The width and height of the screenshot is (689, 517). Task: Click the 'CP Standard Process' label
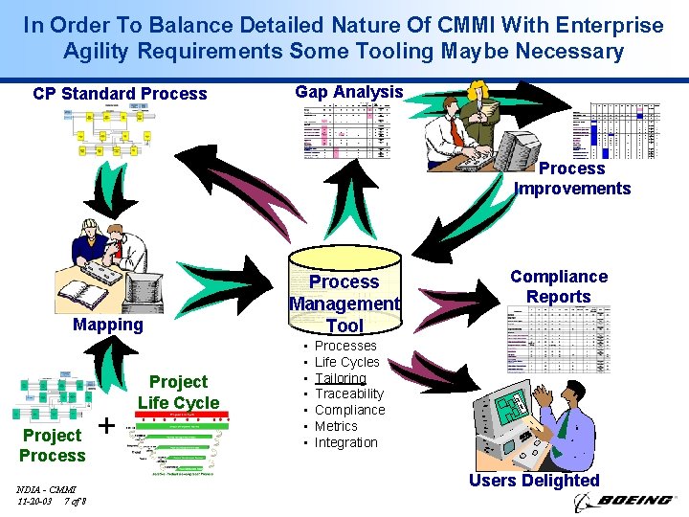pos(120,94)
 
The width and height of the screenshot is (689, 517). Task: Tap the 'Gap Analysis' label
pos(349,92)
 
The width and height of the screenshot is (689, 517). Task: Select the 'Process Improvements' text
pos(572,178)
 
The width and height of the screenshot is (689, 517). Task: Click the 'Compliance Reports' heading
pos(559,286)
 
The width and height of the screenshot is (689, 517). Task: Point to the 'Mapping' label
pos(108,325)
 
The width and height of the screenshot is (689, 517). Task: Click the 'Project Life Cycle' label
pos(178,392)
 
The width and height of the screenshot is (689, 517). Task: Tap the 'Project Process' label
pos(53,445)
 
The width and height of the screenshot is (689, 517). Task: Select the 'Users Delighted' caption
pos(534,481)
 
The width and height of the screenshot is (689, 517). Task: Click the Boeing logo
pos(623,501)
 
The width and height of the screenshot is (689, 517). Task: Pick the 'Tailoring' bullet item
pos(341,378)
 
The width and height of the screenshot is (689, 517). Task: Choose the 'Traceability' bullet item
pos(349,393)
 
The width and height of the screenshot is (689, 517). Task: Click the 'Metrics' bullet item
pos(336,426)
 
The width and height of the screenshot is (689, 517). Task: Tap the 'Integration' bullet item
pos(346,442)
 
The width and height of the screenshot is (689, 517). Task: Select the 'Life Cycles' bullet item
pos(347,362)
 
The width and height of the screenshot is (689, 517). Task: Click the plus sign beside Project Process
pos(108,424)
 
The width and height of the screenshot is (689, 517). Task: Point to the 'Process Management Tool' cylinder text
pos(344,303)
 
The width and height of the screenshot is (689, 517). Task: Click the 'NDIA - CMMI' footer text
pos(46,489)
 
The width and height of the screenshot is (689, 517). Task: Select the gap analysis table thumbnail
pos(347,131)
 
